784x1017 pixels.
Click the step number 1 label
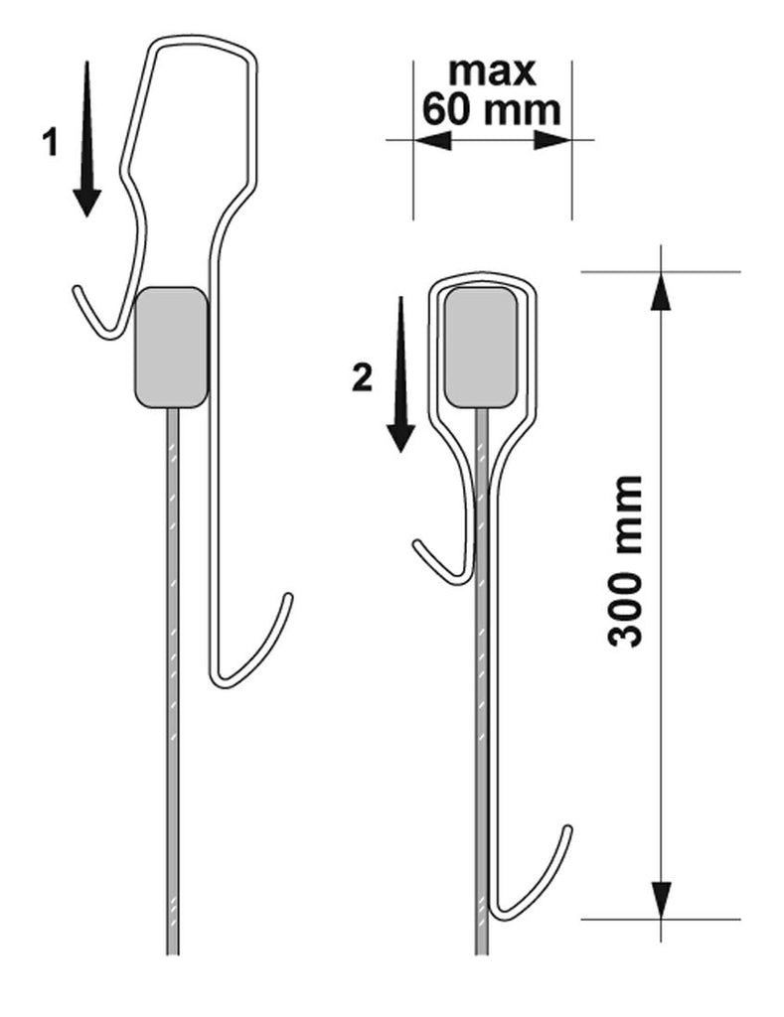click(50, 143)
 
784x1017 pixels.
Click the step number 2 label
click(362, 378)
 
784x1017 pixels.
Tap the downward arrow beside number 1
click(86, 139)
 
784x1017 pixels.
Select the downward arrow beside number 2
click(401, 374)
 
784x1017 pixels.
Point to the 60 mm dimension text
click(491, 109)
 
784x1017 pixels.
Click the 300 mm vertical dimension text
click(625, 561)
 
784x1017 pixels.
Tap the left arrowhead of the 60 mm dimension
click(432, 139)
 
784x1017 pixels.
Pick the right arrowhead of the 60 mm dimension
click(552, 139)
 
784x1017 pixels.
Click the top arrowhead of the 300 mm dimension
click(661, 291)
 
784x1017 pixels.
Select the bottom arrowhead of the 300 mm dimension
click(661, 900)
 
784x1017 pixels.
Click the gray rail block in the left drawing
click(171, 347)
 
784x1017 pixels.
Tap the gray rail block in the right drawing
click(481, 347)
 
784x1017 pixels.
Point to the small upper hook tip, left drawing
click(76, 289)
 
